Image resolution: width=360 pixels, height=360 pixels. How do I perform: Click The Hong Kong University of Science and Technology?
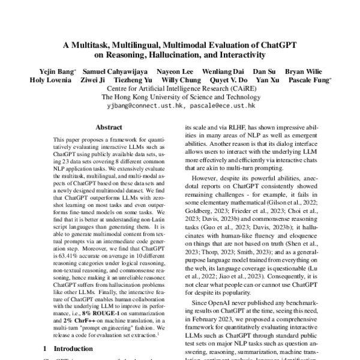click(x=181, y=96)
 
